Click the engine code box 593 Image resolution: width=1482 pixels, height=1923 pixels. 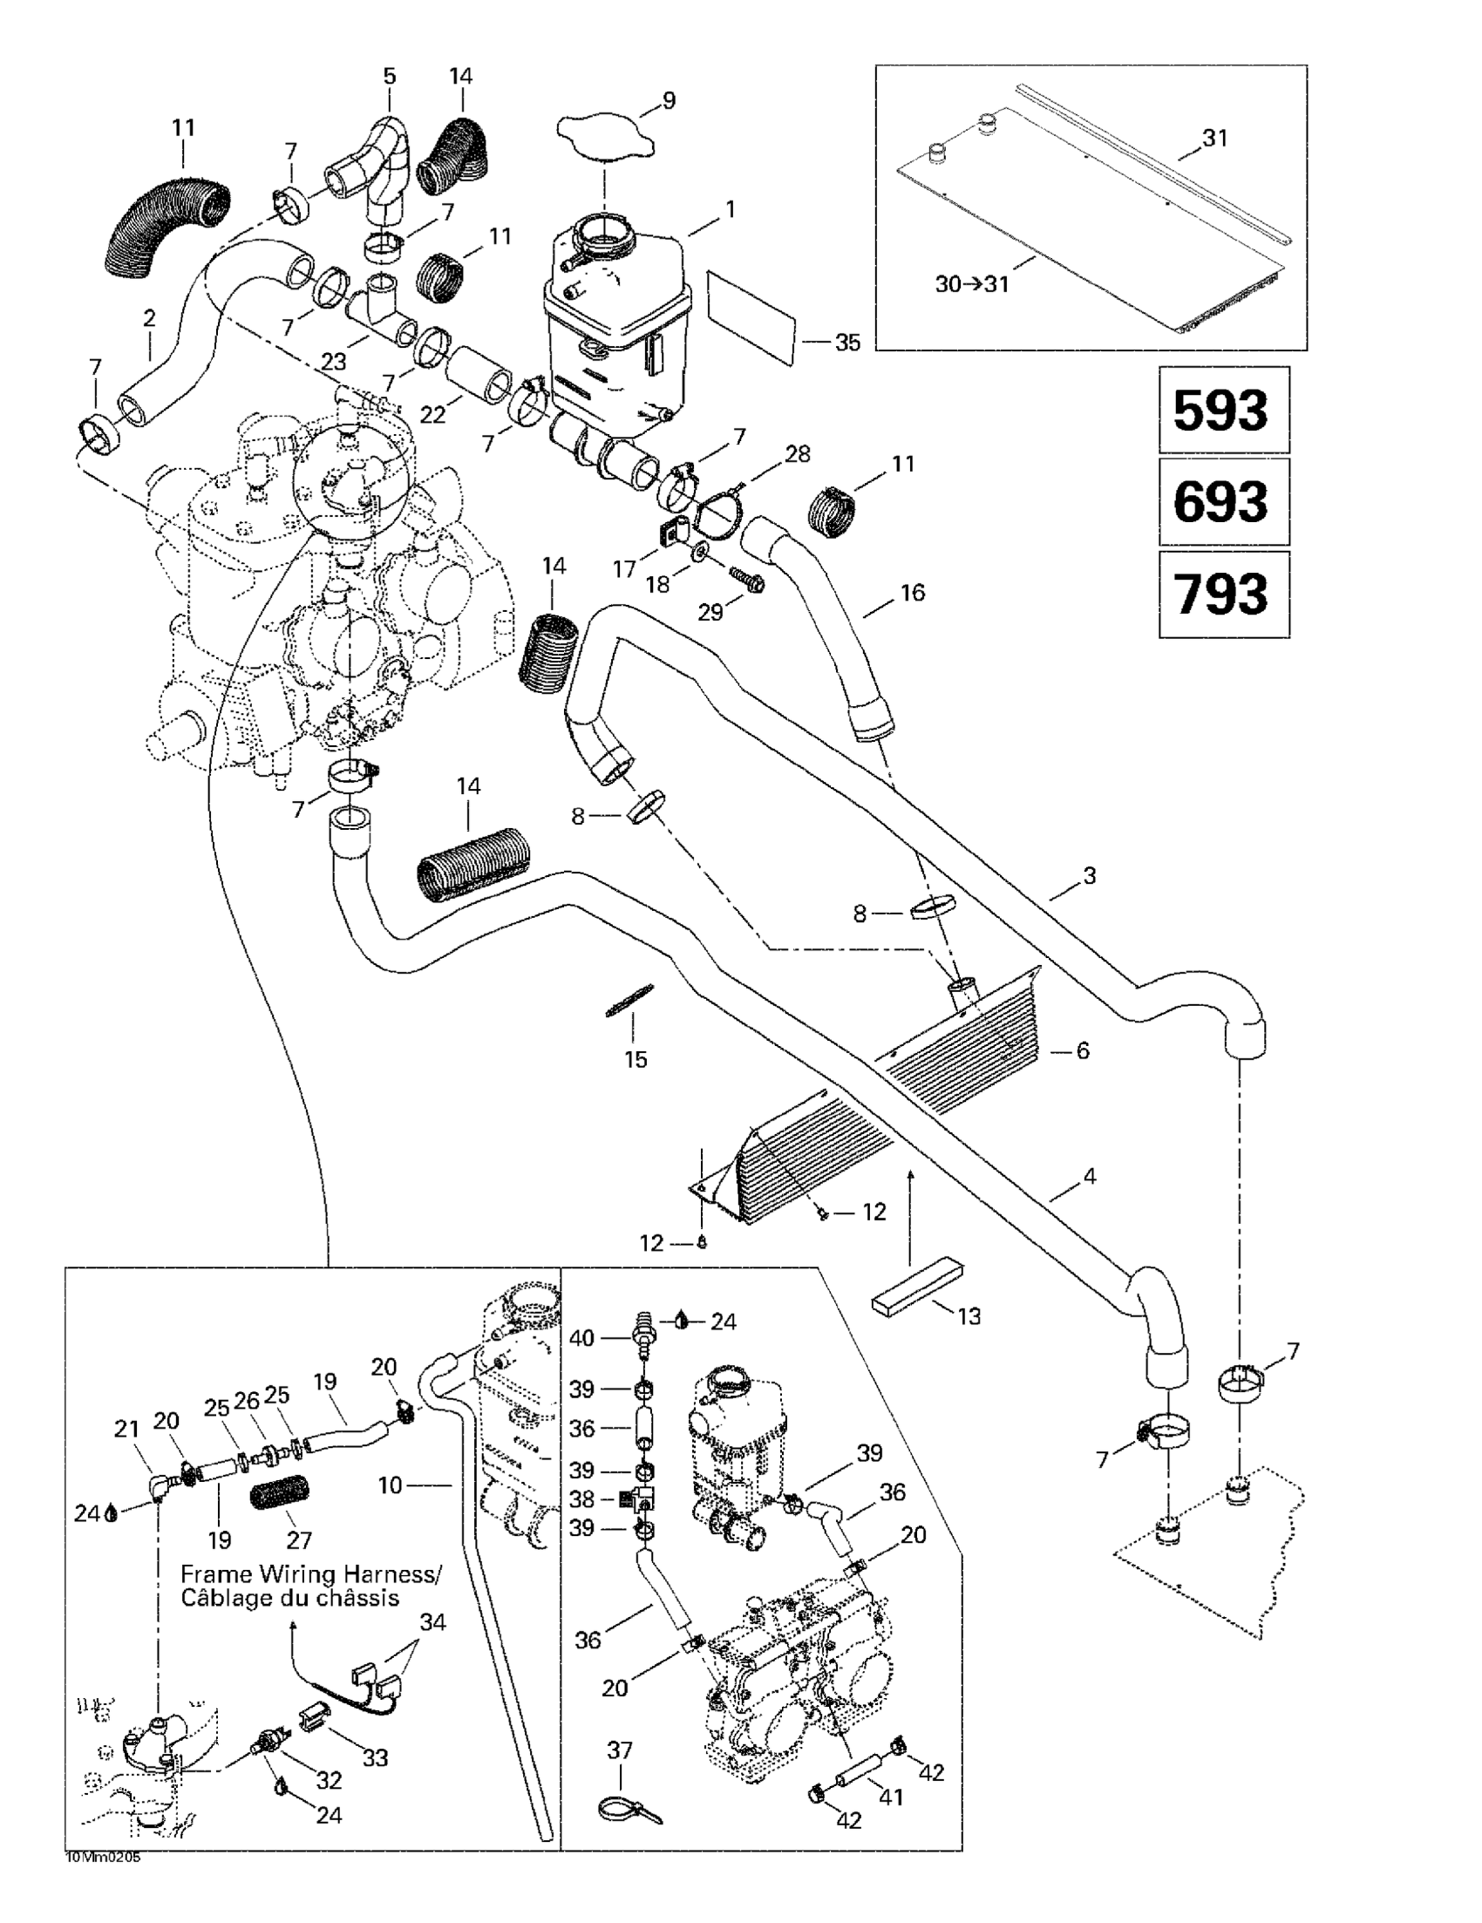coord(1221,411)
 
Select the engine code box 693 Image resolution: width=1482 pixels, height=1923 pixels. coord(1221,502)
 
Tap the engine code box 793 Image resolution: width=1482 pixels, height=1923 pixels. coord(1221,594)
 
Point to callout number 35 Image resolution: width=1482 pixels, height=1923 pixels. coord(847,343)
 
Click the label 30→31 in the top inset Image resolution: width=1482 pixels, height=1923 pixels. coord(971,284)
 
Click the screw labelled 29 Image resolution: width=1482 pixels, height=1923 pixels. coord(747,579)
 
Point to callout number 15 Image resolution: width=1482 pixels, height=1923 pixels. coord(635,1059)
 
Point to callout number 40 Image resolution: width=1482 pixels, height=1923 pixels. coord(581,1338)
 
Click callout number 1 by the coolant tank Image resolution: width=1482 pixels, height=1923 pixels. coord(729,209)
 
